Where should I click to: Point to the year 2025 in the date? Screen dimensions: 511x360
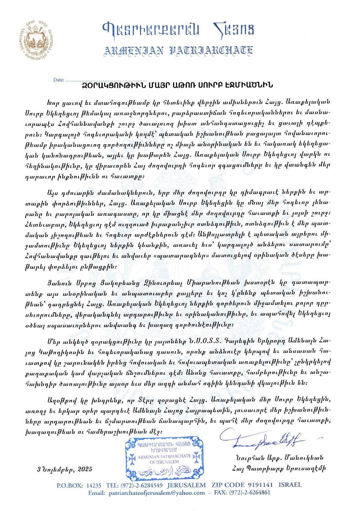95,469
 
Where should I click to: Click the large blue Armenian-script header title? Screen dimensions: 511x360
179,29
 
